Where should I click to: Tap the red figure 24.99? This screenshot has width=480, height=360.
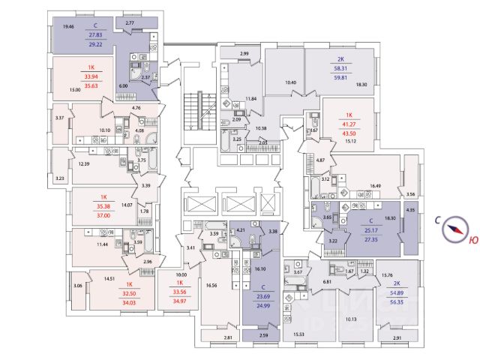coord(260,307)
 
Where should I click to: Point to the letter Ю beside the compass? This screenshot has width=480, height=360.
coord(472,241)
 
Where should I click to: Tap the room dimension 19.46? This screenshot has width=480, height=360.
coord(69,27)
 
